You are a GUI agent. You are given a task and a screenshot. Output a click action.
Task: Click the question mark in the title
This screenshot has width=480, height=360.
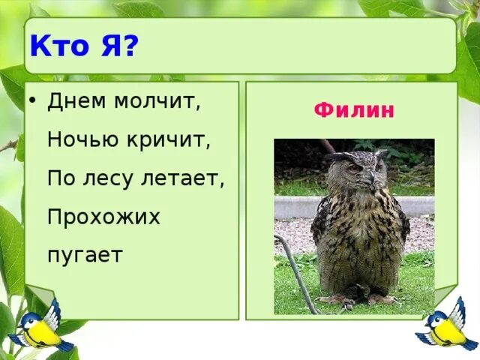click(x=130, y=47)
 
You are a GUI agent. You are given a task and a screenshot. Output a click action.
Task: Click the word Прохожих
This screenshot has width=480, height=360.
click(x=103, y=217)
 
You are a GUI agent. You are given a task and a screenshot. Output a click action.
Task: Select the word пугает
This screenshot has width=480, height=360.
click(x=84, y=255)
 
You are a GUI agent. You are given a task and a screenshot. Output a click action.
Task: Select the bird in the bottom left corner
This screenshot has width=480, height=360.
click(x=38, y=324)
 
